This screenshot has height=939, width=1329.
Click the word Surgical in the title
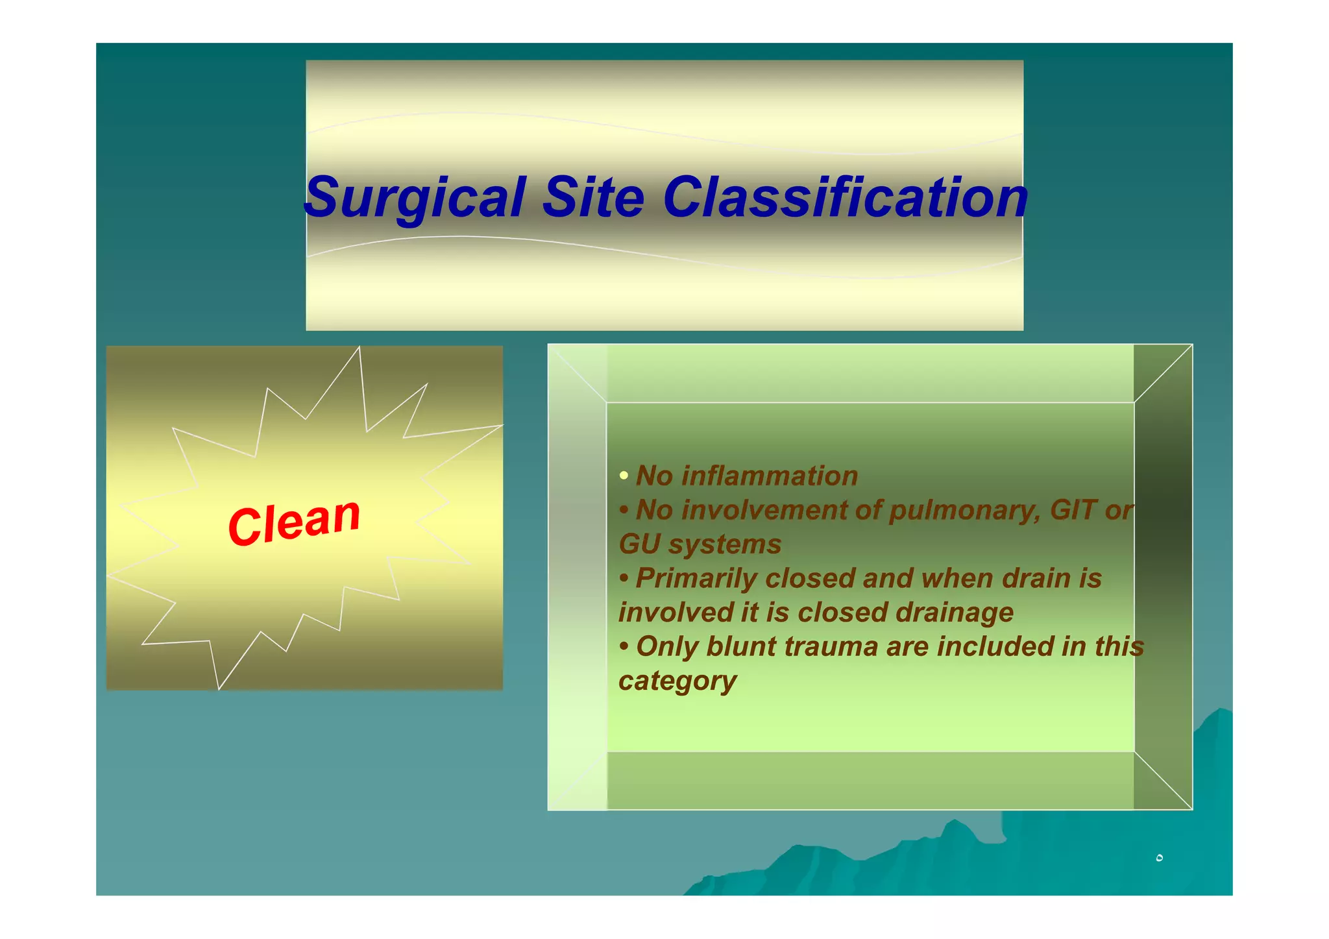pos(415,197)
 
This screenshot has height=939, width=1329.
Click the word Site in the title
pos(593,197)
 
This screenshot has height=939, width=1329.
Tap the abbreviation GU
pos(639,544)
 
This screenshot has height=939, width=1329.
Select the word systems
pos(725,544)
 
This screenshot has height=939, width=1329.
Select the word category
pos(677,681)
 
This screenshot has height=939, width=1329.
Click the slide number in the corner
pos(1159,858)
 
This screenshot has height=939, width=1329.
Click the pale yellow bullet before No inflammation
pos(624,476)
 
